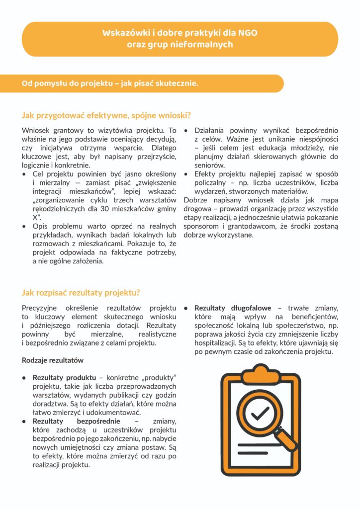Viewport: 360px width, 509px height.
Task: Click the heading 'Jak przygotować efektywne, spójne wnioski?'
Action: [106, 115]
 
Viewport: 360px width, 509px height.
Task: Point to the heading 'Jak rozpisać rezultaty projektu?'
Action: [81, 292]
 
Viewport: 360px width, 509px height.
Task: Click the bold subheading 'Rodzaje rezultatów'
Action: [53, 360]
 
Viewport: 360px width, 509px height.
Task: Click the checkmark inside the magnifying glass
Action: [260, 412]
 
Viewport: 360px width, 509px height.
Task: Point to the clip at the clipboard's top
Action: [261, 370]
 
